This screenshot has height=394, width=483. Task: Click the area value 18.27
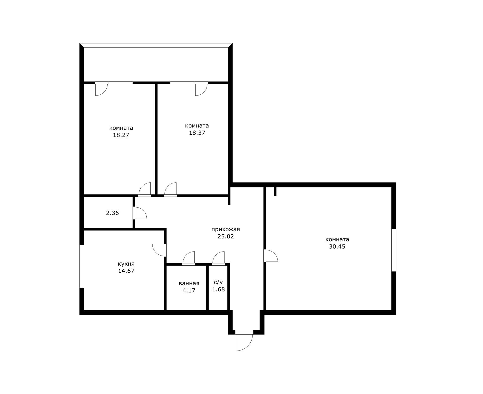tap(121, 135)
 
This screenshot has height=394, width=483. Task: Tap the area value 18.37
tap(197, 133)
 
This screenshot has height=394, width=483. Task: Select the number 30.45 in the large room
tap(337, 247)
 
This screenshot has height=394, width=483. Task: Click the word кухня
tap(126, 264)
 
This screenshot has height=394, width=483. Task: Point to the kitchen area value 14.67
tap(126, 271)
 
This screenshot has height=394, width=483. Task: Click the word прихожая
tap(226, 229)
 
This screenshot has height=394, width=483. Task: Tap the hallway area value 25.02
tap(226, 236)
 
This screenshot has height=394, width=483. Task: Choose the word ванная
tap(189, 283)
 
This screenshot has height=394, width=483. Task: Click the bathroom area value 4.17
tap(189, 290)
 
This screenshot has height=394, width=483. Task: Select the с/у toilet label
tap(218, 282)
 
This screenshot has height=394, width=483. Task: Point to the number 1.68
tap(218, 289)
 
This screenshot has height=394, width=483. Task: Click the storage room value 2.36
tap(112, 213)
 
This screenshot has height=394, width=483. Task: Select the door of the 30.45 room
tap(271, 256)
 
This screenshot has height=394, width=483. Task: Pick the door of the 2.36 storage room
tap(140, 213)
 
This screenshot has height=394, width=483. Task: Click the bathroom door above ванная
tap(189, 258)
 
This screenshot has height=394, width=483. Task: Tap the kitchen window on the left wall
tap(82, 266)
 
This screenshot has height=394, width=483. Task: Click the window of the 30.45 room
tap(394, 250)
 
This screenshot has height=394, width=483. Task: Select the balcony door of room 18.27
tap(101, 89)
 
